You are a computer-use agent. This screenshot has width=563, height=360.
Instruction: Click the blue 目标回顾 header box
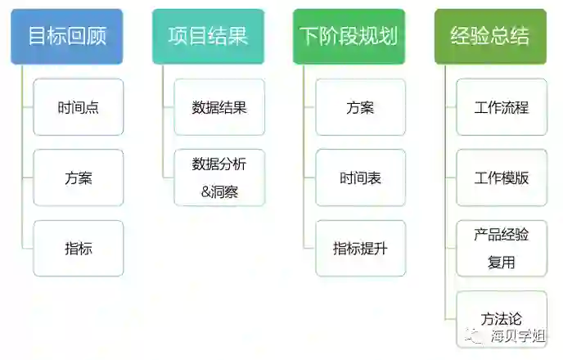pos(67,37)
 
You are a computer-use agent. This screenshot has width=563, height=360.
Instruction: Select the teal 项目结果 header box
pos(208,37)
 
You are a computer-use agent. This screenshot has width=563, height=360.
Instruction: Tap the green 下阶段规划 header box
pos(349,37)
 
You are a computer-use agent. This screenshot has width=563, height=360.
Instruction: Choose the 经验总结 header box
pos(490,37)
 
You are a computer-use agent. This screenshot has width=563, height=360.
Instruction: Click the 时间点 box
pos(79,107)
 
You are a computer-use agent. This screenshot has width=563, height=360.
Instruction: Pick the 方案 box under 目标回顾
pos(79,178)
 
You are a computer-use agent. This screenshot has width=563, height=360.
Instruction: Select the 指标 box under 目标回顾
pos(79,248)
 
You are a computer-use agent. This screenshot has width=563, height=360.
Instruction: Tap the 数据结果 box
pos(219,107)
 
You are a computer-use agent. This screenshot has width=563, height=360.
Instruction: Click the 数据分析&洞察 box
pos(219,178)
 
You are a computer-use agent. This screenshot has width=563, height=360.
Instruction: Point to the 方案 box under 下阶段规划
pos(360,107)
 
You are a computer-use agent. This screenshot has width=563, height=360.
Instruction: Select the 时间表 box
pos(360,178)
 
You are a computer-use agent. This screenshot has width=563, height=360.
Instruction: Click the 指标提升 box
pos(360,248)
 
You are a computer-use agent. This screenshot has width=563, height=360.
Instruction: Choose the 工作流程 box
pos(502,107)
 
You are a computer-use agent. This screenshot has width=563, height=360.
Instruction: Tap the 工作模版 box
pos(502,178)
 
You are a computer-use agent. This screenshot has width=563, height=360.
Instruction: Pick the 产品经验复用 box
pos(502,248)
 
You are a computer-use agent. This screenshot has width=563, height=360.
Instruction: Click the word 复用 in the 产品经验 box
pos(502,263)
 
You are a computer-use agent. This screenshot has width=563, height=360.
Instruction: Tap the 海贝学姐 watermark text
pos(520,335)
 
